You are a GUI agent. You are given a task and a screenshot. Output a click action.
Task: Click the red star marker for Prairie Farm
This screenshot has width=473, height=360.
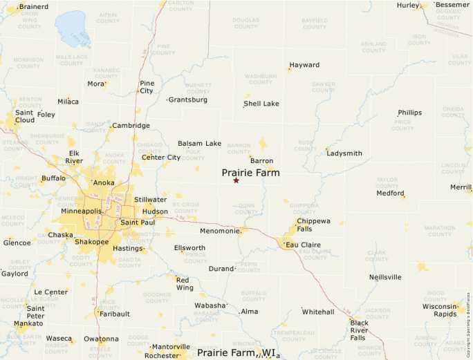coord(236,180)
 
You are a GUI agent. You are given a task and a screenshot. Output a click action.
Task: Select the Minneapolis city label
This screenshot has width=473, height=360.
coord(81,211)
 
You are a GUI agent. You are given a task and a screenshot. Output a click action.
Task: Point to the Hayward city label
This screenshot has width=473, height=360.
coord(304,65)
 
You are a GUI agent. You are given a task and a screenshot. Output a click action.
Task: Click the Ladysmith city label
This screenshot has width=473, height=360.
coord(344,153)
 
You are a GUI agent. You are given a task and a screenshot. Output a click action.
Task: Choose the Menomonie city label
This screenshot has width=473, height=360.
coord(218,231)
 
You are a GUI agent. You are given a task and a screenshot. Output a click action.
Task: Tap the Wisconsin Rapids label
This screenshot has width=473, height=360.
coord(440,310)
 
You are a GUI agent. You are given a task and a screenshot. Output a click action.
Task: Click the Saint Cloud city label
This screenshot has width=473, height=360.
coord(24,116)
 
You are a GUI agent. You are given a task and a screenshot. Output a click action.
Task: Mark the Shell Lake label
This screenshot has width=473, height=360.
coord(261,104)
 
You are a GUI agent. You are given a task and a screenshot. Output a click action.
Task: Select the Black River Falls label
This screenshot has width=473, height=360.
coord(359,330)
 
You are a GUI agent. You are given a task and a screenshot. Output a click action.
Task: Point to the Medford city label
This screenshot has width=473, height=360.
coord(389,193)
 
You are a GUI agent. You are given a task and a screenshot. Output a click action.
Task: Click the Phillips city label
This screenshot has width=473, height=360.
coord(409,113)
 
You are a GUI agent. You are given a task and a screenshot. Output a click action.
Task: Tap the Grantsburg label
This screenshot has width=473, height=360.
coord(187,100)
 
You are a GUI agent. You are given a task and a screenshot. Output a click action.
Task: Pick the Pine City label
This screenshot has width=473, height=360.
coord(147,87)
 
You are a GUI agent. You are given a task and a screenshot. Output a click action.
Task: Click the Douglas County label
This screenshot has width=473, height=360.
coord(245,23)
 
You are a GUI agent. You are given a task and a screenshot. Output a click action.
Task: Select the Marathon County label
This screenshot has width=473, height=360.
coord(440,231)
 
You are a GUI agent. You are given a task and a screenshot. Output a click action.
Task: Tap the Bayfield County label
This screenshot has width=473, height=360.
coord(315,23)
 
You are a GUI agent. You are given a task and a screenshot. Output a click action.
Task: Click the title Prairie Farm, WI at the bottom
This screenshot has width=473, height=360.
coord(238,353)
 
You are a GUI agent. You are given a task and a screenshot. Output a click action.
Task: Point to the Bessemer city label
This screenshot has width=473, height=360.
coord(452,6)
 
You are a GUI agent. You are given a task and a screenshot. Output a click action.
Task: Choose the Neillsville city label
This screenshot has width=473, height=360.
coord(385,277)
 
